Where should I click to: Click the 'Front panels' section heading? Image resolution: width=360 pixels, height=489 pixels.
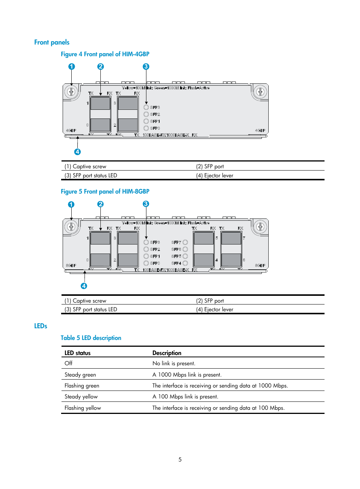(x=52, y=42)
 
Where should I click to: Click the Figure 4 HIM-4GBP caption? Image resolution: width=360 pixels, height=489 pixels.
(x=105, y=54)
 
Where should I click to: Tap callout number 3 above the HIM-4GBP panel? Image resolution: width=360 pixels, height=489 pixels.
(x=146, y=66)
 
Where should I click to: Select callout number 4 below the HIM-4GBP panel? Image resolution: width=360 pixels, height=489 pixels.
(x=77, y=152)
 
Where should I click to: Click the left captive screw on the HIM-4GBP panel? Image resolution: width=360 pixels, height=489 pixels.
(x=71, y=92)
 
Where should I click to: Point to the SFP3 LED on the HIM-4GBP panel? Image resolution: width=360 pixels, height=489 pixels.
(x=146, y=107)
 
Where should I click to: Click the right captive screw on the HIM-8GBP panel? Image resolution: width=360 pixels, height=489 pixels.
(x=260, y=226)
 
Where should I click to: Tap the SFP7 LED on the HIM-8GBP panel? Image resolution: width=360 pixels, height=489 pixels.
(x=185, y=242)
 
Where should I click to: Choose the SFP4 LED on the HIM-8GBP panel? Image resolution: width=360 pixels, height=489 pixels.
(x=185, y=263)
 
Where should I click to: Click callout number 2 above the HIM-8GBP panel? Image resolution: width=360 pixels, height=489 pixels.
(x=100, y=204)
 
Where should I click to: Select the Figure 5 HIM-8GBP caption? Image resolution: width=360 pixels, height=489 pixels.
(x=105, y=191)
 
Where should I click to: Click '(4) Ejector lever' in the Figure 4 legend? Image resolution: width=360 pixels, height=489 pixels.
(x=214, y=175)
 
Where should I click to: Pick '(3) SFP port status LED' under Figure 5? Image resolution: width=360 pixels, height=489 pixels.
(x=91, y=309)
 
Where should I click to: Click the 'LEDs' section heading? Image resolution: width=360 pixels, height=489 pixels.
(x=41, y=326)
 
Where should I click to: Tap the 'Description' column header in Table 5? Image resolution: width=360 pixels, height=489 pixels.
(x=167, y=353)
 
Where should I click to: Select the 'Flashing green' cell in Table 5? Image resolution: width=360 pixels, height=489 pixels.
(x=82, y=386)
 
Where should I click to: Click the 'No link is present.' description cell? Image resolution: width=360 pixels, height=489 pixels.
(x=174, y=363)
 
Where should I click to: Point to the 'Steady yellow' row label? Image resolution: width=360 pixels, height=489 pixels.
(x=81, y=397)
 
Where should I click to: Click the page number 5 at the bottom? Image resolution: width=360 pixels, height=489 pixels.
(x=180, y=460)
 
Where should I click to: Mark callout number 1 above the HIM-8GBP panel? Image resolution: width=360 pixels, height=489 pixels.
(x=71, y=205)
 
